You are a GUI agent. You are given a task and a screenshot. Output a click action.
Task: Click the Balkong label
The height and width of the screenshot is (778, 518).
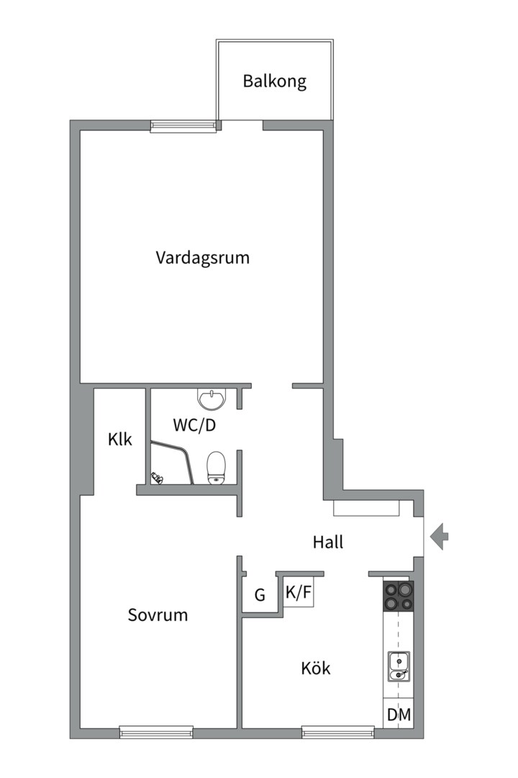pos(274,81)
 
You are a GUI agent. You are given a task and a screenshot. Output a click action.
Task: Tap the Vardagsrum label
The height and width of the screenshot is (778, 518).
pos(202,257)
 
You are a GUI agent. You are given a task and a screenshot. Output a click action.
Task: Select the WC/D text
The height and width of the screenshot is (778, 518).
pos(194,425)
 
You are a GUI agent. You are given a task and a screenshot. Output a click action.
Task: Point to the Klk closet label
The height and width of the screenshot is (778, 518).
pos(120,439)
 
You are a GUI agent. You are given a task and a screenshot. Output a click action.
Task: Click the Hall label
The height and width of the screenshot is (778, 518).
pos(327,542)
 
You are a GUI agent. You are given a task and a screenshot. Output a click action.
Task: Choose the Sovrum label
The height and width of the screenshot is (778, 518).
pos(158,614)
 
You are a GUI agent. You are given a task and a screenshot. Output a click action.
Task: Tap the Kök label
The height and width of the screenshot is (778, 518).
pos(315,668)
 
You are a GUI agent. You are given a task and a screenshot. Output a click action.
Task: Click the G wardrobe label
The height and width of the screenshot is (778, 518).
pos(260,596)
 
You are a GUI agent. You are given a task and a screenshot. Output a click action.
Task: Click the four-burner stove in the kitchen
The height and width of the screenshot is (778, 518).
pos(399,596)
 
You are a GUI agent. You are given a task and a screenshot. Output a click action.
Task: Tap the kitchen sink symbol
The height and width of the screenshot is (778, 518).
pos(399,666)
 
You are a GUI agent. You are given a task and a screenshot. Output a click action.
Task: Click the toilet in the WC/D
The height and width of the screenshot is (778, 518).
pos(216,466)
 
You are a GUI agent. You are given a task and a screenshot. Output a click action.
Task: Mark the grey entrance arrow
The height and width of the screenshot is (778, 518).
pos(439,537)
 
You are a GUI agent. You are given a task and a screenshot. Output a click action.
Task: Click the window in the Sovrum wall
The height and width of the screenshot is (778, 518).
pos(155,733)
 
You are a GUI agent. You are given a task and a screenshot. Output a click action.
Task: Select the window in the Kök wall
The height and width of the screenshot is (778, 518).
pos(337,733)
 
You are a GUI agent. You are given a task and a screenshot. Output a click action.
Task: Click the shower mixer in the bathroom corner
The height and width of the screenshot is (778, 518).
pos(157,476)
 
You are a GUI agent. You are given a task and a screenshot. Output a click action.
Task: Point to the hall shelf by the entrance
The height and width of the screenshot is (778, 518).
pos(366,508)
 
